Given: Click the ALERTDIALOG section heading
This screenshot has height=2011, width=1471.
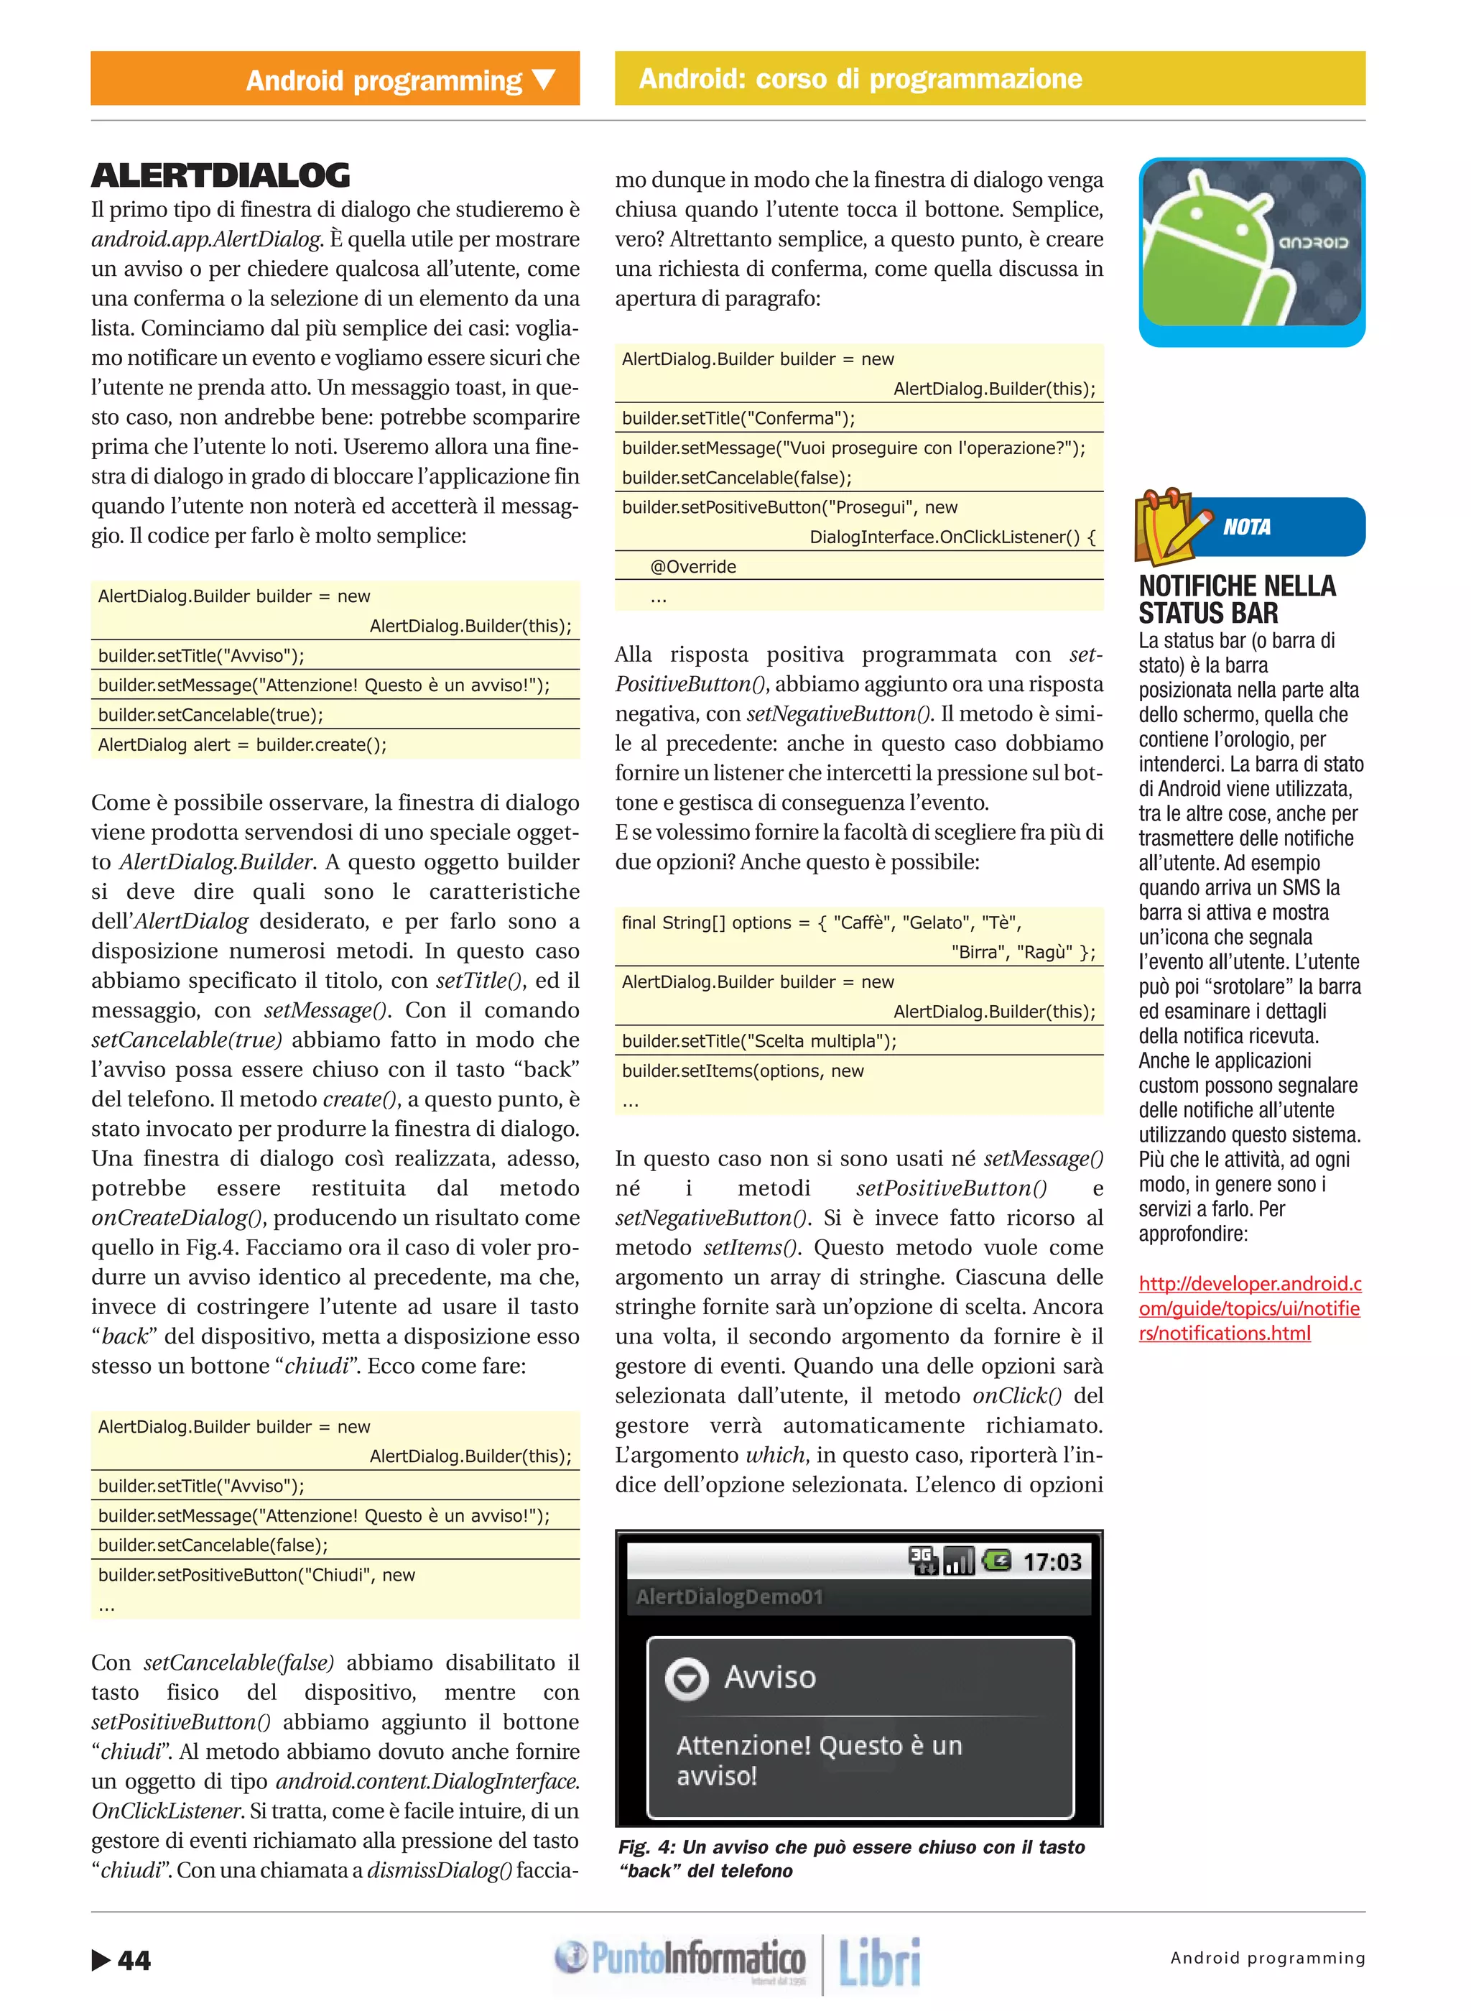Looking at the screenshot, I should coord(220,175).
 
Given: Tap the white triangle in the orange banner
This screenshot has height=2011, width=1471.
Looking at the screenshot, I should coord(544,80).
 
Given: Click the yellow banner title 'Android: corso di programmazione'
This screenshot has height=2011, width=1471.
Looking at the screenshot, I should coord(860,78).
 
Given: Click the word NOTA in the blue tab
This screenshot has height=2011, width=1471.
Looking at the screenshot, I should coord(1247,527).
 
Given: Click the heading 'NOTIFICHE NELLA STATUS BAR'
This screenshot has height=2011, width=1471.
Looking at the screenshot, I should coord(1236,598).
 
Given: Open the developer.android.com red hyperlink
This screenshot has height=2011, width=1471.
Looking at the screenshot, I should coord(1248,1308).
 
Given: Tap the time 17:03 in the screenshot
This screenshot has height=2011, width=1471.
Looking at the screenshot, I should coord(1052,1561).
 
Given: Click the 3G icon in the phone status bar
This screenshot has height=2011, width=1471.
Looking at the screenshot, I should coord(922,1560).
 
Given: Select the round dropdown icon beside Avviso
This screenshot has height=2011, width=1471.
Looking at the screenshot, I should coord(687,1678).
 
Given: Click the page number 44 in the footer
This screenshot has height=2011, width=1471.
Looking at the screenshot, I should coord(134,1959).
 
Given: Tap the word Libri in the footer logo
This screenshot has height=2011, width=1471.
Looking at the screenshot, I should coord(879,1961).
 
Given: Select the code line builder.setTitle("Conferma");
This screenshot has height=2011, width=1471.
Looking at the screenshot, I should coord(738,417).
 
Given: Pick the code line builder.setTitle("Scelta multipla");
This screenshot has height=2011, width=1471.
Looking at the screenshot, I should coord(758,1040).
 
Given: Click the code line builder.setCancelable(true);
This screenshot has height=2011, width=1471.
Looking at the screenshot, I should coord(211,714).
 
